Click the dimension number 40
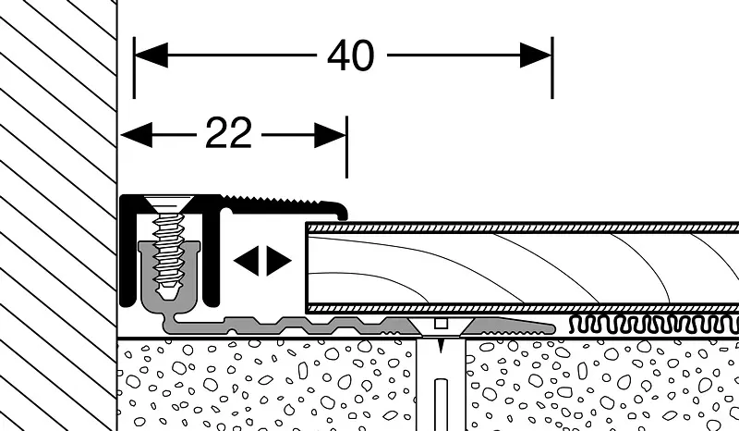point(351,55)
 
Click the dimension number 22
point(228,133)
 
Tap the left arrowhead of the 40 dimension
point(151,55)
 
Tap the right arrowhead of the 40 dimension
point(536,55)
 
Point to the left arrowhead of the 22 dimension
point(136,134)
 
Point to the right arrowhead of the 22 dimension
point(331,135)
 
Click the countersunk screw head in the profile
point(167,204)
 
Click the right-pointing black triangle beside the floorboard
point(279,260)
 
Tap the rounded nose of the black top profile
point(340,210)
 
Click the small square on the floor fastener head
point(441,324)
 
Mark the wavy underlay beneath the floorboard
point(654,325)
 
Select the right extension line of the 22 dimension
point(347,147)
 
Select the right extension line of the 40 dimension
point(552,68)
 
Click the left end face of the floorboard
point(307,267)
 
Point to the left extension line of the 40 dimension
point(134,68)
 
